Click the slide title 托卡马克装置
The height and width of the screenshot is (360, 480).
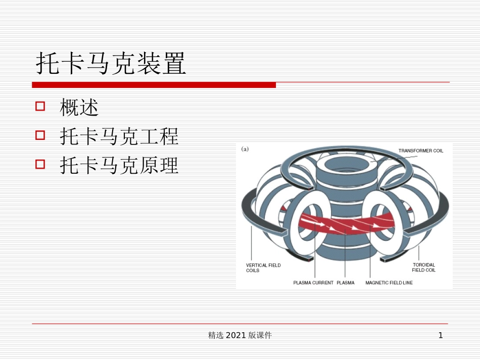[x=111, y=64]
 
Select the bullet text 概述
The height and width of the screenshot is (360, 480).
[x=79, y=107]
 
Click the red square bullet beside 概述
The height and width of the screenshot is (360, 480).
[x=40, y=107]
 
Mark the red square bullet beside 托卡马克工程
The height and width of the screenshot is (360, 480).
[x=40, y=136]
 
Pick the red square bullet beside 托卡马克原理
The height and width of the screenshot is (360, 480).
[x=40, y=165]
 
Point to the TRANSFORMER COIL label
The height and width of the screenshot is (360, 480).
[x=420, y=150]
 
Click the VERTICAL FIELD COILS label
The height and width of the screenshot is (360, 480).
[x=263, y=268]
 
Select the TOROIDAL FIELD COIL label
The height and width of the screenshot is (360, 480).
[x=423, y=268]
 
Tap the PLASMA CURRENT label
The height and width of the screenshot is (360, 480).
[x=313, y=283]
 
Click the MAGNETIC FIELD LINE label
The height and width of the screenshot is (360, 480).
[x=389, y=283]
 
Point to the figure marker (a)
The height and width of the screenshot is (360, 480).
[x=245, y=149]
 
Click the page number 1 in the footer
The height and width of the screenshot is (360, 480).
[x=441, y=335]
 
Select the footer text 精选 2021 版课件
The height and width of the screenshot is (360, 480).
[x=240, y=335]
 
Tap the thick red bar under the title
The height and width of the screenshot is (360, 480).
[x=154, y=85]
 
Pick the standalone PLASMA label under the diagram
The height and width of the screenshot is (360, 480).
[x=346, y=283]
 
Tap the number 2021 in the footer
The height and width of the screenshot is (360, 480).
[x=236, y=335]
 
